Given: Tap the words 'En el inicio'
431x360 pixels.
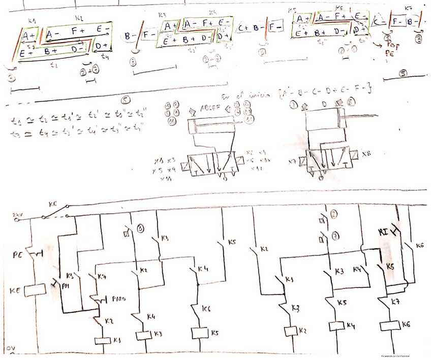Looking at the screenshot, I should (242, 96).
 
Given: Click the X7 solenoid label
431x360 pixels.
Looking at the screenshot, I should (293, 162).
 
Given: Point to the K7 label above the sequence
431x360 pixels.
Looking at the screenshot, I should (408, 9).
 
